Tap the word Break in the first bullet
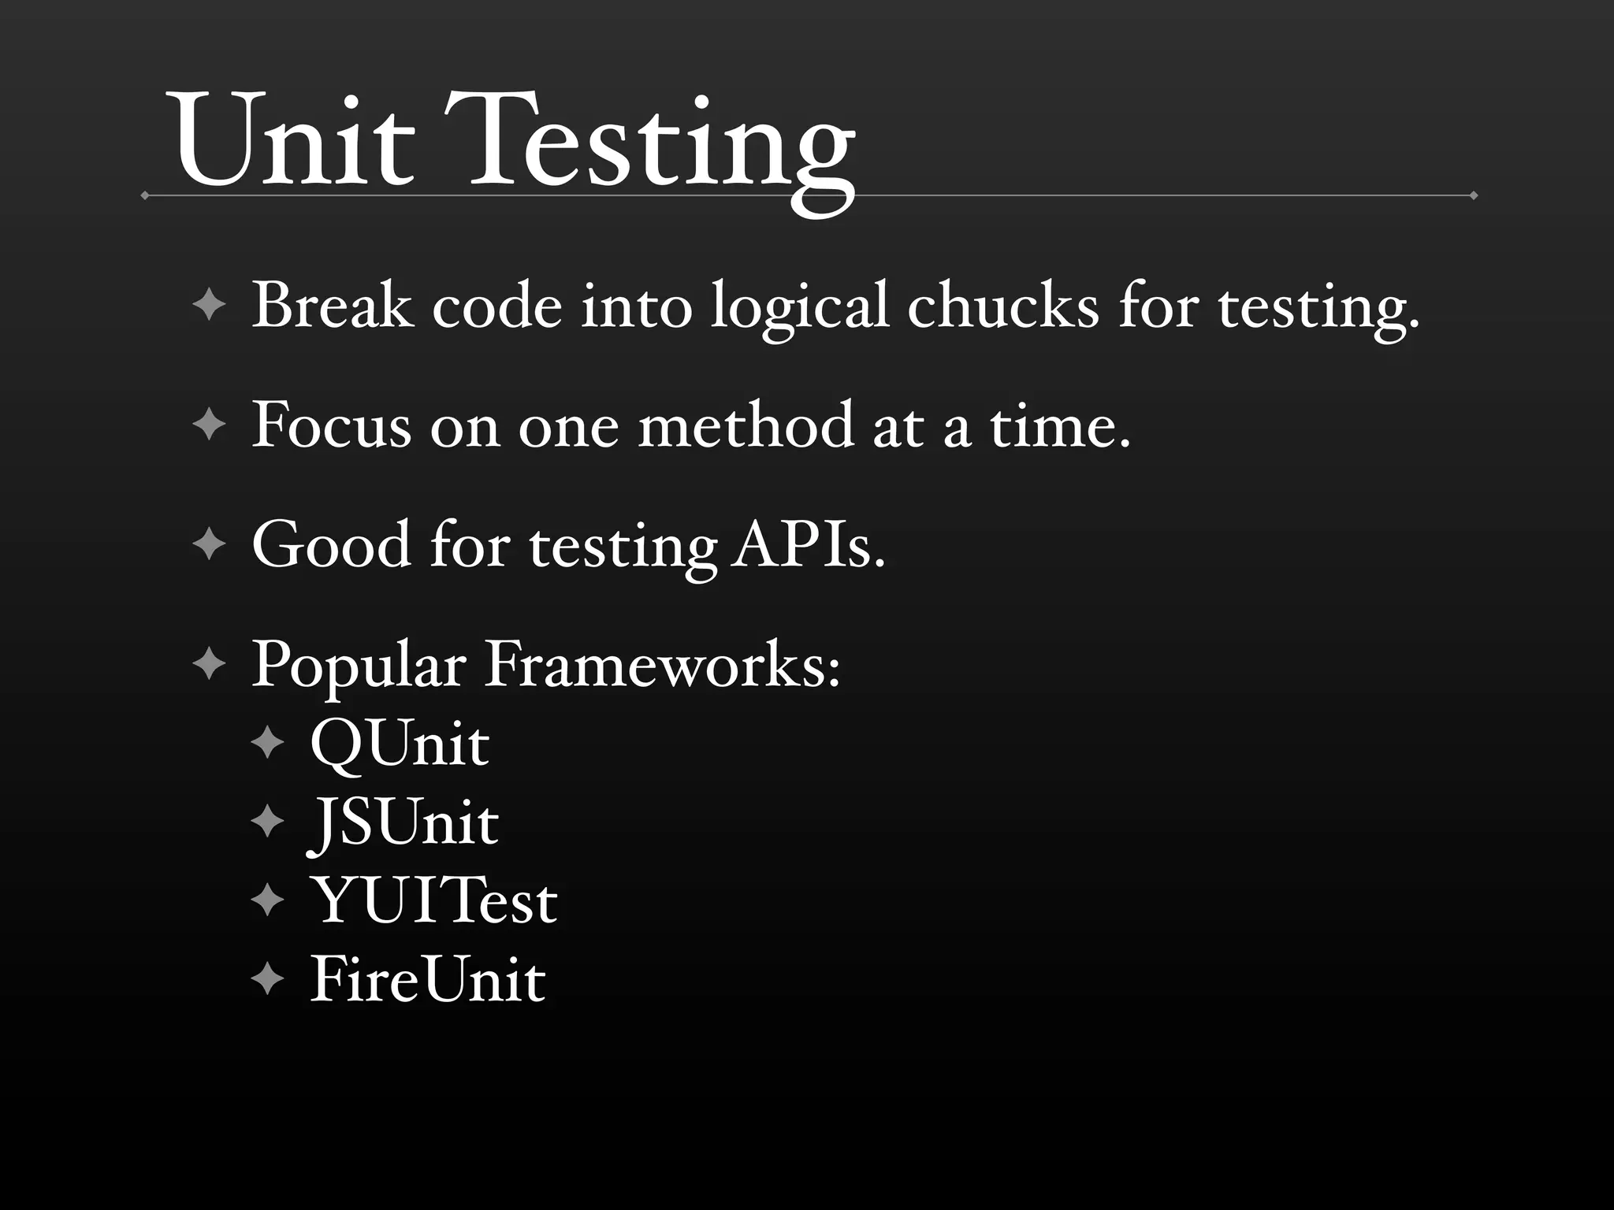point(332,306)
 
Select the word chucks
point(1002,306)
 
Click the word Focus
point(332,425)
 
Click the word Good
point(331,544)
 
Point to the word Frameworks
point(662,665)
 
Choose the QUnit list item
point(400,743)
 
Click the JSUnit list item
point(403,823)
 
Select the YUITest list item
point(435,900)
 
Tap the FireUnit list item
point(427,979)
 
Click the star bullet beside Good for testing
point(209,544)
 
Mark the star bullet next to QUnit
point(268,742)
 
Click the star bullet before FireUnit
point(268,979)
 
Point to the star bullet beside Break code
point(209,305)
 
